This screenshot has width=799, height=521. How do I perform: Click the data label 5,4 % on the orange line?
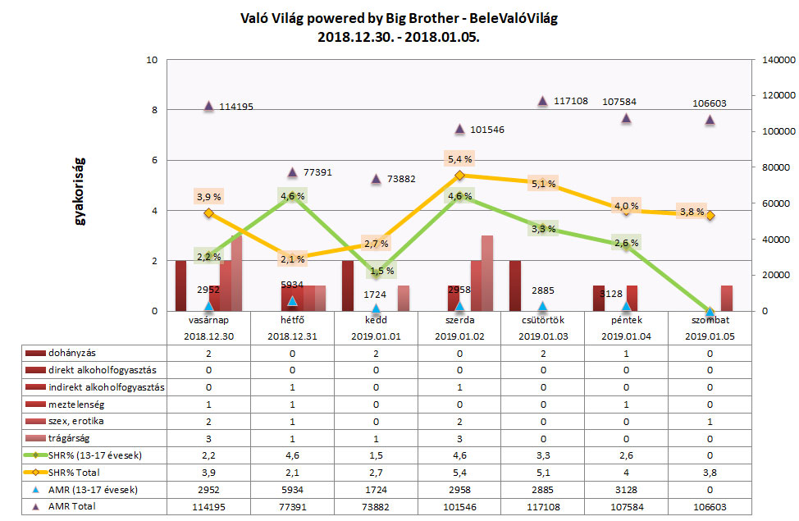pos(459,158)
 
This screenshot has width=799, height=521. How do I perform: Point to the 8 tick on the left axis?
pos(153,110)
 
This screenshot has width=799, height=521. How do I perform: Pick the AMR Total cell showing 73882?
pos(376,506)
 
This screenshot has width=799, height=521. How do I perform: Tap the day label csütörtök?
pos(543,322)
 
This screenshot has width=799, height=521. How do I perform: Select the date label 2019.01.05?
pos(710,336)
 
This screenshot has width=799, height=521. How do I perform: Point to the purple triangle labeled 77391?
pos(292,172)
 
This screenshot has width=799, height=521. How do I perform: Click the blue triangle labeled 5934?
pos(292,301)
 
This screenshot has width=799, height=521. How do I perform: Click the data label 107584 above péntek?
pos(625,103)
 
